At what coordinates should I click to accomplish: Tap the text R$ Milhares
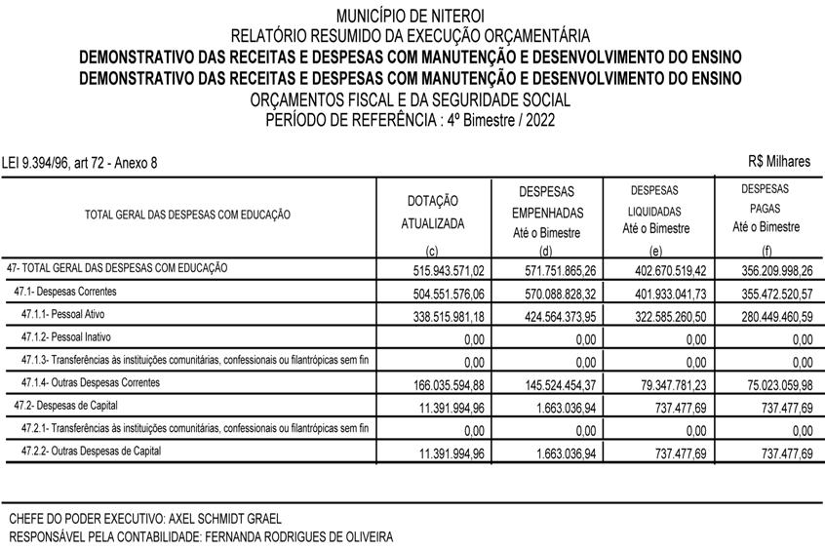tap(779, 162)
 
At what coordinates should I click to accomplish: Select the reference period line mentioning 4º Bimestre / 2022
tap(410, 119)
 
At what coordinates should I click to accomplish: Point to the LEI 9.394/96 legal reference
tap(80, 163)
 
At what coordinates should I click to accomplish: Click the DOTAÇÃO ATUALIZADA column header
tap(433, 212)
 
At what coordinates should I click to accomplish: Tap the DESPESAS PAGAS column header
tap(766, 208)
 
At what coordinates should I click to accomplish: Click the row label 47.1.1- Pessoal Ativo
tap(77, 315)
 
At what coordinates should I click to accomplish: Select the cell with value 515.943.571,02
tap(442, 269)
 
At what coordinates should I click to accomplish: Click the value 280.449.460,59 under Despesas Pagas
tap(766, 315)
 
